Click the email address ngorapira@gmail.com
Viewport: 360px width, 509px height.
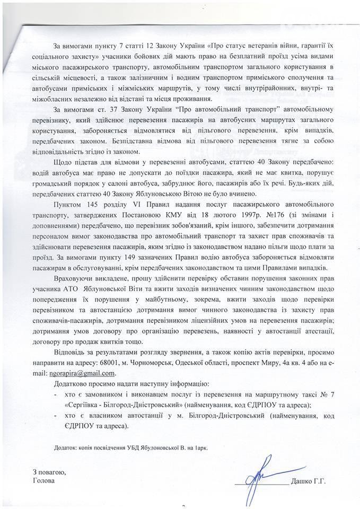pyautogui.click(x=81, y=373)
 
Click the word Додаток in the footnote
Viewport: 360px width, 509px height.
pyautogui.click(x=66, y=447)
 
